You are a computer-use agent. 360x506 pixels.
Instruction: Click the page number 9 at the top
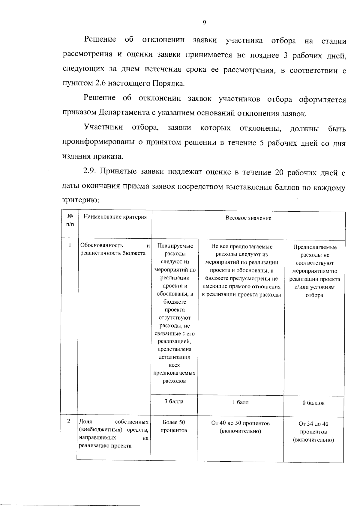204,23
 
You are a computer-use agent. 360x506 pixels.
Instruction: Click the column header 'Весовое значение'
248,218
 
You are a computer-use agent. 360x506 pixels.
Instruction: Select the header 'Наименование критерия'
115,217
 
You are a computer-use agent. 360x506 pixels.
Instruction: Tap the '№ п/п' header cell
70,220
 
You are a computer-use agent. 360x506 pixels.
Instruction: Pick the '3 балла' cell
174,401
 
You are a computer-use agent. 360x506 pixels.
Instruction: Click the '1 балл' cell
241,402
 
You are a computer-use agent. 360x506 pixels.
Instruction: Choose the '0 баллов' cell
313,403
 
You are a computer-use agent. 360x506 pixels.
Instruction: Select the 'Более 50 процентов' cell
174,426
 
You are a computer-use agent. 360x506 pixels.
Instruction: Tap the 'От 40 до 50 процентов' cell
240,427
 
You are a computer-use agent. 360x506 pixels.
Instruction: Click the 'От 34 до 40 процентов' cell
313,432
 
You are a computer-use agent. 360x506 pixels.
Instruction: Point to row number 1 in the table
70,245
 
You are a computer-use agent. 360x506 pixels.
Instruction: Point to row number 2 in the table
69,421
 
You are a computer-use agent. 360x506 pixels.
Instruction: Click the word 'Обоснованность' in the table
101,245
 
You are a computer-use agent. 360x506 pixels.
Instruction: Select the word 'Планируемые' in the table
175,246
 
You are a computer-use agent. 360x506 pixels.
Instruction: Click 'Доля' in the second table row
85,422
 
